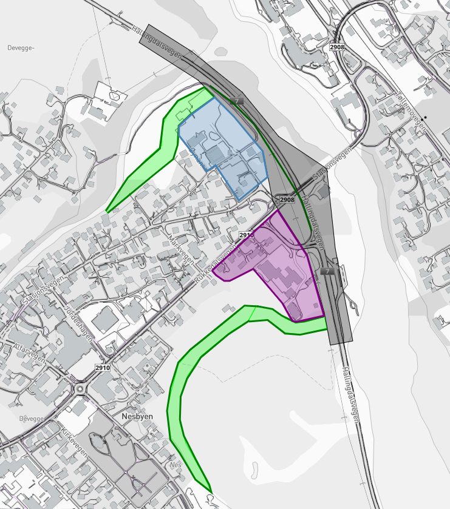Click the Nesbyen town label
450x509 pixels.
(131, 417)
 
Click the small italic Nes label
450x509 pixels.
(176, 465)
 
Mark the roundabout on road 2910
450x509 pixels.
(80, 389)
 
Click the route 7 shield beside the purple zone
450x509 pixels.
(328, 271)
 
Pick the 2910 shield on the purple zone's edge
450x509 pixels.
(246, 235)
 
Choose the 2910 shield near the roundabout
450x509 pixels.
(102, 368)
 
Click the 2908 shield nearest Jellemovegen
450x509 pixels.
(337, 47)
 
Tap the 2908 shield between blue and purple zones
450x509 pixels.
(287, 200)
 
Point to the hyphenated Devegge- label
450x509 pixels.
(22, 47)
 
